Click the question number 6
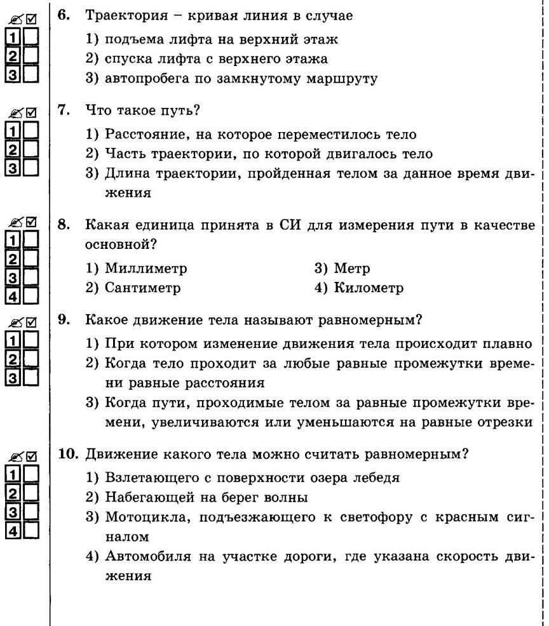pos(63,15)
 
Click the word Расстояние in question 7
pos(148,135)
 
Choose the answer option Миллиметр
pos(146,269)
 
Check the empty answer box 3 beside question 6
pos(30,74)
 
